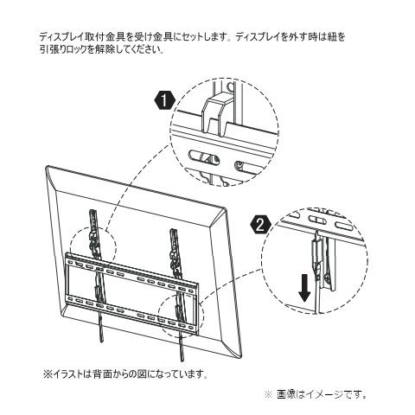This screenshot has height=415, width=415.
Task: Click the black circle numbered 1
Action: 162,101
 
